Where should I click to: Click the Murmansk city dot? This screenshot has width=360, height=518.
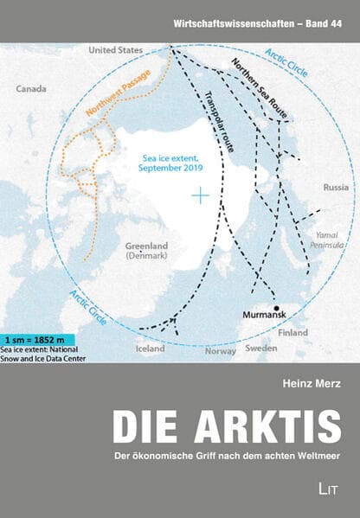tap(276, 308)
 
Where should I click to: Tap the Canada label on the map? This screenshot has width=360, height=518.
tap(32, 88)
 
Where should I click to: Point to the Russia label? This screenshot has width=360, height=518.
tap(336, 187)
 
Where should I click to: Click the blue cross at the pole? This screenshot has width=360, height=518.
tap(201, 197)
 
